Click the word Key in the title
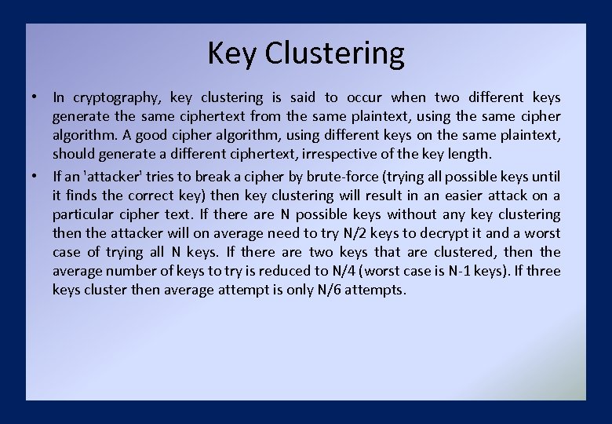pos(232,53)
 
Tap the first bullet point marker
pos(36,97)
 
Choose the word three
pos(546,271)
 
